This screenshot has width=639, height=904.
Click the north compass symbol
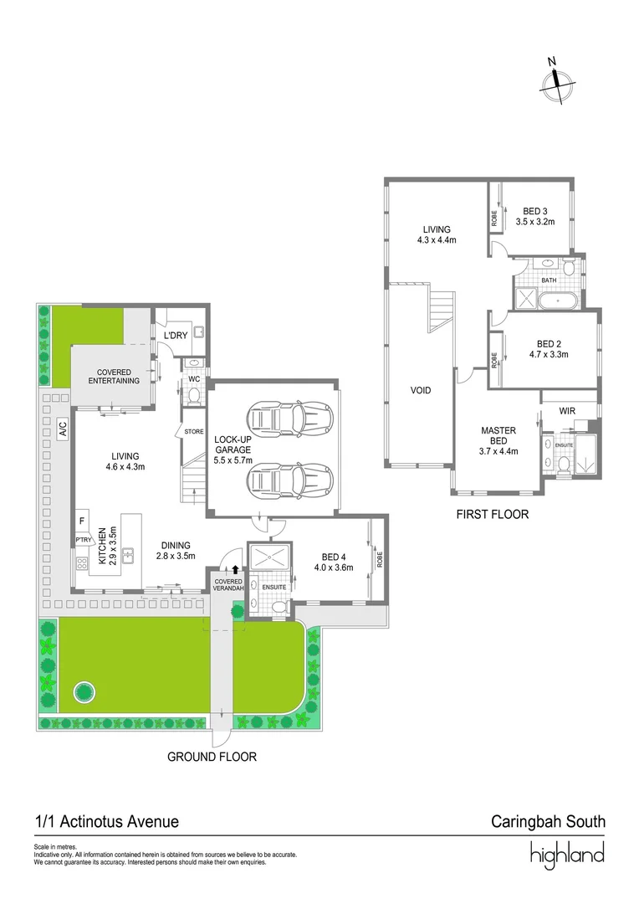click(557, 81)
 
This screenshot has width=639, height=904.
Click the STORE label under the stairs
click(194, 432)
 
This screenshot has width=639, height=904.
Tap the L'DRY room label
click(175, 336)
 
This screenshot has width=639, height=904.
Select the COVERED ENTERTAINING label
click(113, 377)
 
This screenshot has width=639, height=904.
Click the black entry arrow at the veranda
click(236, 569)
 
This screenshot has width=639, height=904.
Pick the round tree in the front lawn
click(84, 691)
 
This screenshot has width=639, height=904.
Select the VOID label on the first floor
click(421, 390)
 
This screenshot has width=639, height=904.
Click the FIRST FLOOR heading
click(493, 515)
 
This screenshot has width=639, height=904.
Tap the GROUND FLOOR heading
click(212, 757)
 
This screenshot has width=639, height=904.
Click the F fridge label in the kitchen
click(82, 521)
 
